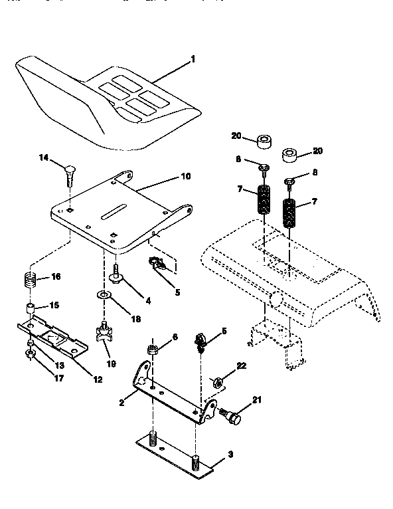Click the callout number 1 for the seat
[193, 59]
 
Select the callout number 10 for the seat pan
[185, 177]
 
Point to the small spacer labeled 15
[31, 308]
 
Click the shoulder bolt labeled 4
[117, 272]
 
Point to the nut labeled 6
[153, 350]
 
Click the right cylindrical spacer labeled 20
[290, 155]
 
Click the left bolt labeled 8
[264, 167]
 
